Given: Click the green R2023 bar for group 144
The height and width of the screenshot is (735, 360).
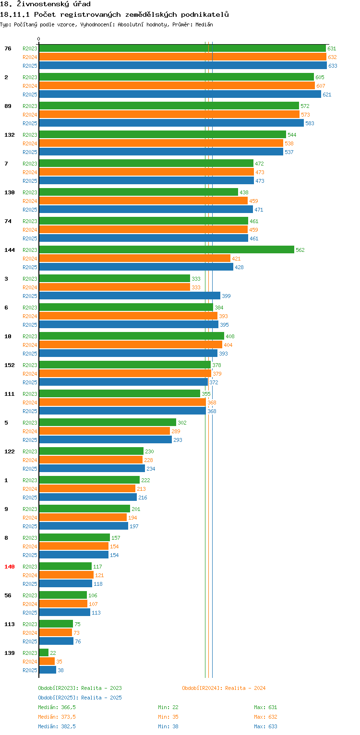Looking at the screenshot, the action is pos(167,249).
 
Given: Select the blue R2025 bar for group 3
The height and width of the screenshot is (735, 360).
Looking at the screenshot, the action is pos(130,296).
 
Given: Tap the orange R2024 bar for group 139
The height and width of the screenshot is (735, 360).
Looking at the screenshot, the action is pos(47,662).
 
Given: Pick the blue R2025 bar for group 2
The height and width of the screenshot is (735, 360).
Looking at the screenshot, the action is pos(180,94).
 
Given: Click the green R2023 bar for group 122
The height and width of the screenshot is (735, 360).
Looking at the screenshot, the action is pos(91,451).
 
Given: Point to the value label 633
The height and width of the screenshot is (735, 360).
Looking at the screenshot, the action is pos(333,66).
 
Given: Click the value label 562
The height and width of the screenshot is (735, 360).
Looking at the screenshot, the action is pos(300,249).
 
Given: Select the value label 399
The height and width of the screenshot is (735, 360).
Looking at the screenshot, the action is pos(226,296).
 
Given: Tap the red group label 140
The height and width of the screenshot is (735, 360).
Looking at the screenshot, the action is pos(10,566).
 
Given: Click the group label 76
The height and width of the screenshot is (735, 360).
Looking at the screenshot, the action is pos(8,48).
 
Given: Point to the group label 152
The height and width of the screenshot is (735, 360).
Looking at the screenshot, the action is pos(10,365).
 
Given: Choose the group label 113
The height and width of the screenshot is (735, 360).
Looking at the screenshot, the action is pos(10,624).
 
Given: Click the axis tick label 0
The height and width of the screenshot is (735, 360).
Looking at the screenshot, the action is pos(39,39).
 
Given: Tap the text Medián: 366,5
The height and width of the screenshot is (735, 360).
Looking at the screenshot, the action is pos(57,707).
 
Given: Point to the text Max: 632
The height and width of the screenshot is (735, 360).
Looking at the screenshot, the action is pos(265,717).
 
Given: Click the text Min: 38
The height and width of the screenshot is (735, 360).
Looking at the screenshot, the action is pos(168,726).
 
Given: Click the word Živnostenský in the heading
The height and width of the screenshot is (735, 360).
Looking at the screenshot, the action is pos(43,4).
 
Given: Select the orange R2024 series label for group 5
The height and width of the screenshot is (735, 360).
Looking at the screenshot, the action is pos(30,431).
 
